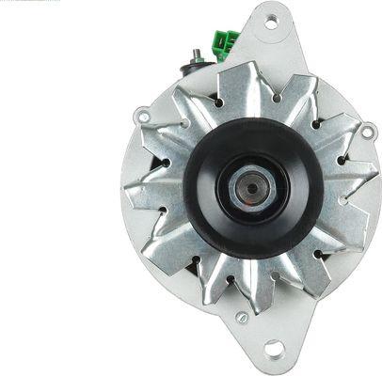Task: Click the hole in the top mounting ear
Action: coord(271,20)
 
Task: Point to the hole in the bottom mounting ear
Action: coord(274,349)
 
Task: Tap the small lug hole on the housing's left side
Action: coord(142,117)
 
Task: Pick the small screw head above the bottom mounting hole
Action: coord(242,317)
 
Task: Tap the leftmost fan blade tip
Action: coord(126,193)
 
